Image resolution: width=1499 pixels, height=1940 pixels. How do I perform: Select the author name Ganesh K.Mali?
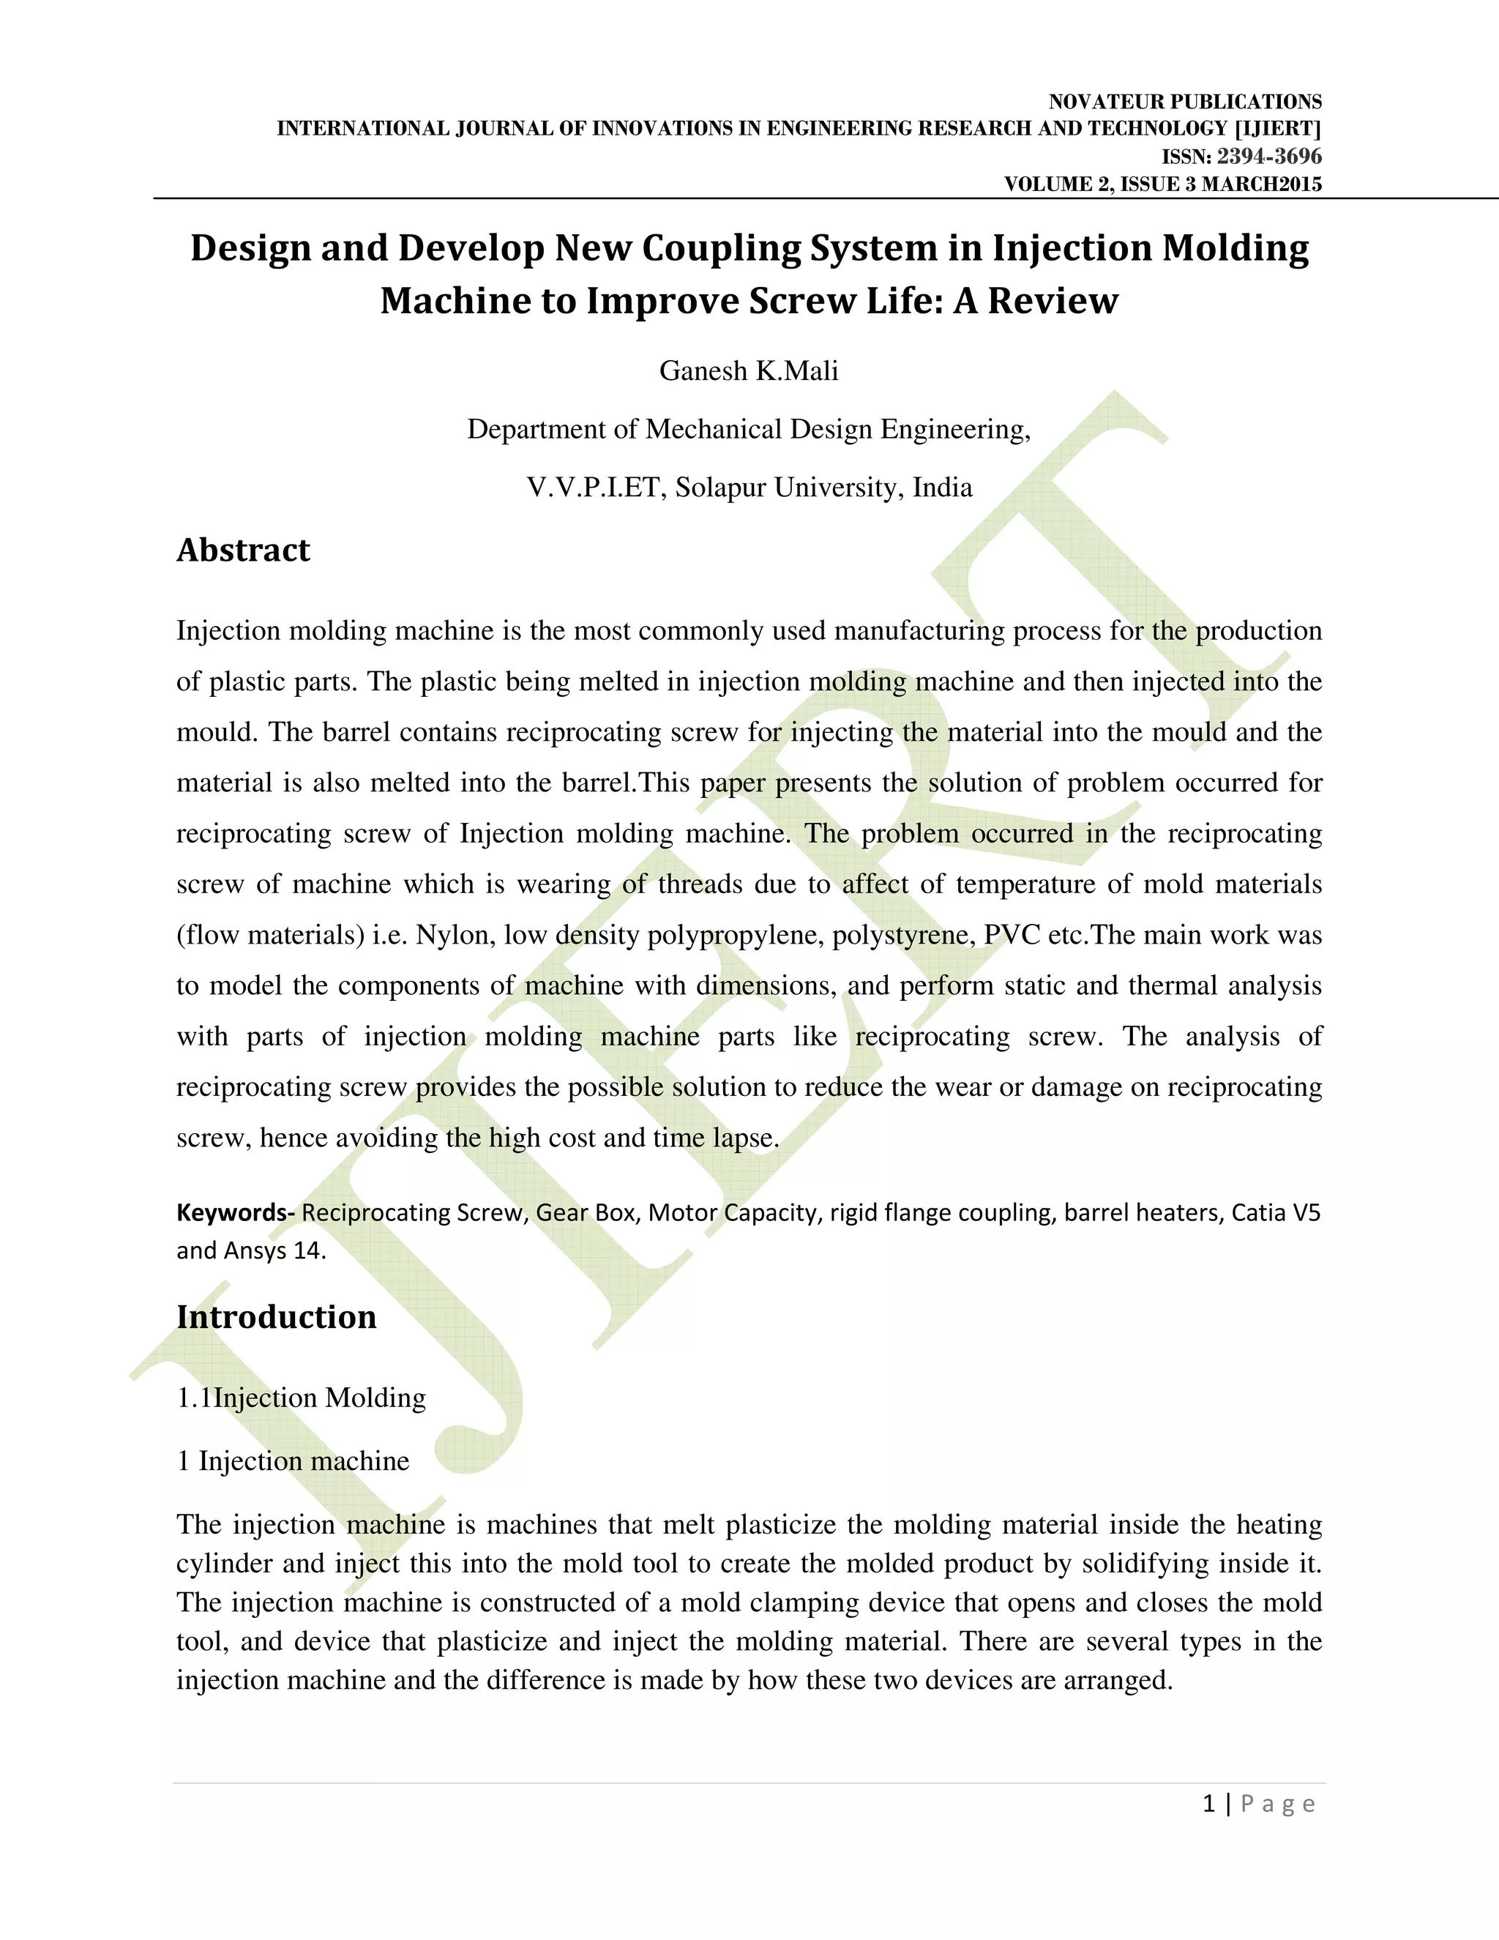(x=749, y=370)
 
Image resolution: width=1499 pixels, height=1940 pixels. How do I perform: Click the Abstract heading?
(x=243, y=550)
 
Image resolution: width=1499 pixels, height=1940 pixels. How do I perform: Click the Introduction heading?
(x=276, y=1316)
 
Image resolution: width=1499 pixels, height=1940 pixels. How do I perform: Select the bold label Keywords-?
(x=236, y=1212)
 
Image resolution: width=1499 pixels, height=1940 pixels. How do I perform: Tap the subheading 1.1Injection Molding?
(x=301, y=1398)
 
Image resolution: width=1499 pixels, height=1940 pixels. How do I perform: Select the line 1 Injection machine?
(x=293, y=1460)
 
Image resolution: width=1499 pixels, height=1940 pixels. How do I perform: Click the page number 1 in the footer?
(x=1208, y=1803)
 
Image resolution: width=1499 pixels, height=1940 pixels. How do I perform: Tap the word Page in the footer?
(x=1278, y=1803)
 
